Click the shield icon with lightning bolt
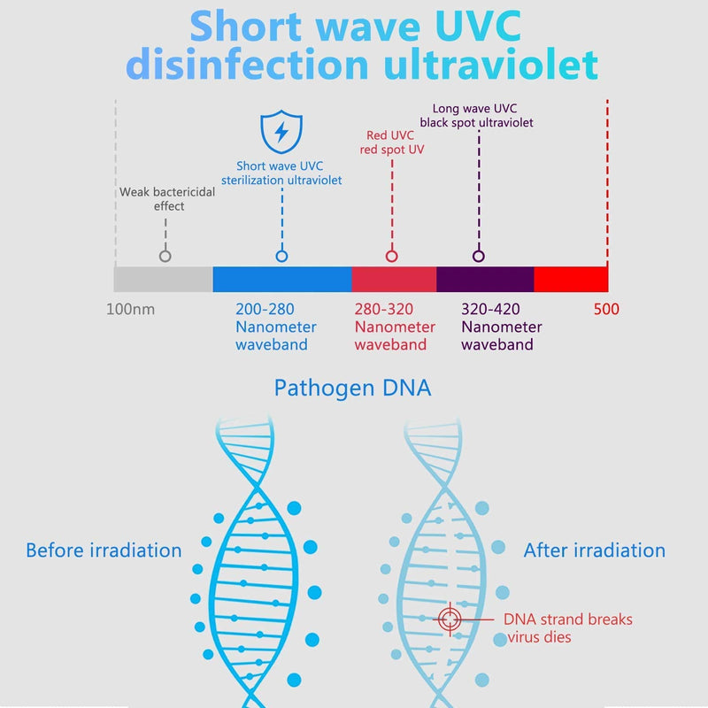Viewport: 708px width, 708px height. [281, 132]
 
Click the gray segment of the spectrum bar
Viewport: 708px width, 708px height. [163, 279]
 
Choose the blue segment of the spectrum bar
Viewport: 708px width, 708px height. [282, 279]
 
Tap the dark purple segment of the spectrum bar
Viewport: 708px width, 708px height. [485, 279]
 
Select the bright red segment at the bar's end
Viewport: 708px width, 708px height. [571, 279]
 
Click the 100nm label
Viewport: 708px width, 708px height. [130, 309]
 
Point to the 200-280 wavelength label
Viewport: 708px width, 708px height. [265, 309]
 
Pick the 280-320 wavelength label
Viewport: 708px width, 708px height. [384, 309]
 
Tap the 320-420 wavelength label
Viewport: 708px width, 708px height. [490, 309]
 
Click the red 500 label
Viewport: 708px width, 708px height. [606, 309]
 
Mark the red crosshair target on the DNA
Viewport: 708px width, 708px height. [450, 619]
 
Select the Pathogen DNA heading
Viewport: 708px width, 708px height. [352, 388]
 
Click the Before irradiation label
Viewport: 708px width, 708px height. [104, 550]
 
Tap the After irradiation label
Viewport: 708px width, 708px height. [594, 550]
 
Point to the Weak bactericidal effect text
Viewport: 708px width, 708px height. [167, 199]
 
